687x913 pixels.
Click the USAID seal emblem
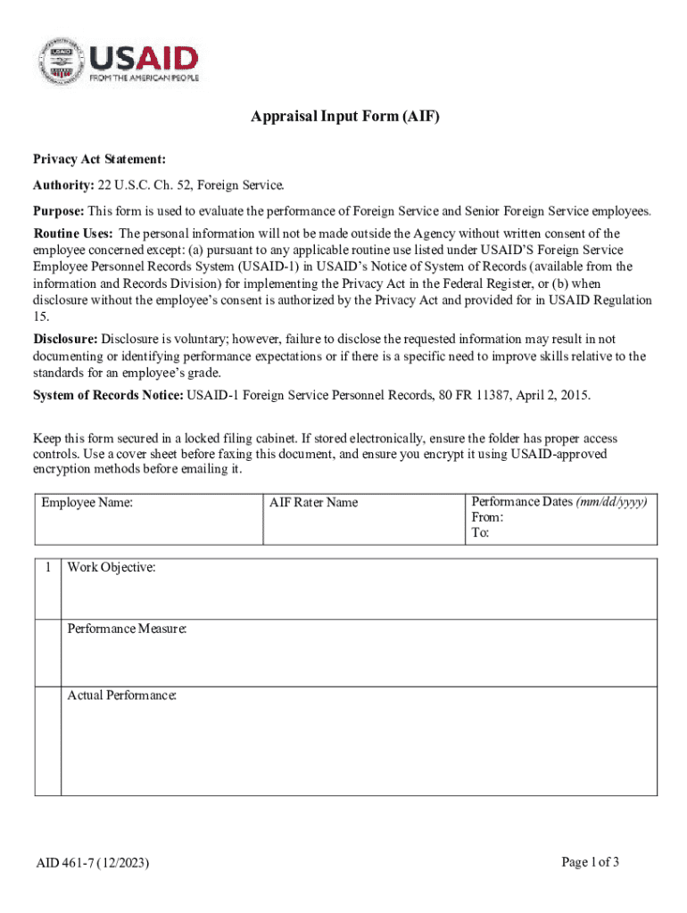coord(60,60)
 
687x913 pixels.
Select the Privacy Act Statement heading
coord(99,159)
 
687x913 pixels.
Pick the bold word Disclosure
coord(65,340)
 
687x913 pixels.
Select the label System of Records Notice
coord(108,394)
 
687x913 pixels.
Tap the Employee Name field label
coord(87,503)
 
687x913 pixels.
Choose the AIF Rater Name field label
coord(313,503)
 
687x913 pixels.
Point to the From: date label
coord(487,518)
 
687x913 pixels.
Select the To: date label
coord(480,533)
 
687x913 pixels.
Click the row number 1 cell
coord(47,567)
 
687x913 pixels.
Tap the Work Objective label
coord(112,567)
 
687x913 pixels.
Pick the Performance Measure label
coord(127,629)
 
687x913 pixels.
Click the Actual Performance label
coord(121,695)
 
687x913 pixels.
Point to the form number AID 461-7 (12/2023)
coord(93,863)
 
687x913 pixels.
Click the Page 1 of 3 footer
coord(591,861)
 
